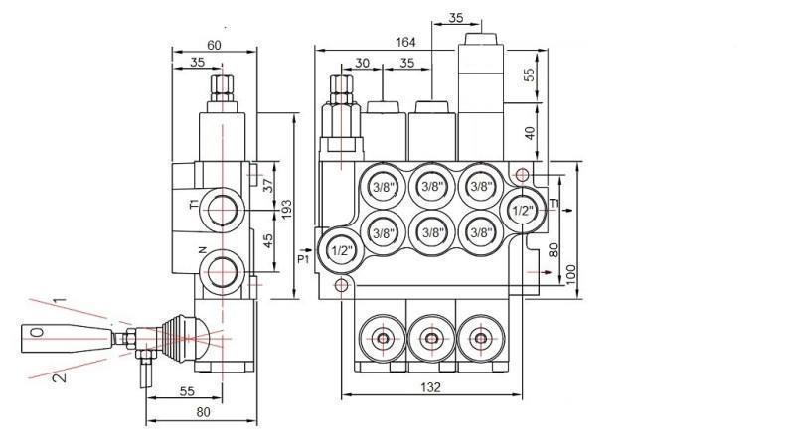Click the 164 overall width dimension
(x=404, y=42)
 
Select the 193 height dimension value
(x=286, y=209)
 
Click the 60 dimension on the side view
(x=214, y=44)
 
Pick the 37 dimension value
(x=266, y=186)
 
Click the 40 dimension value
(x=530, y=132)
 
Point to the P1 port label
(x=304, y=259)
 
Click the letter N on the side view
(x=202, y=251)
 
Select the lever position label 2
(x=59, y=377)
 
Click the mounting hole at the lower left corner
(x=341, y=286)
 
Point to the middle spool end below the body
(x=430, y=339)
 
